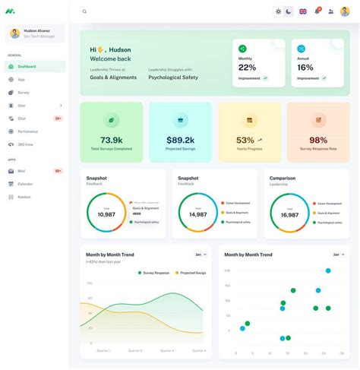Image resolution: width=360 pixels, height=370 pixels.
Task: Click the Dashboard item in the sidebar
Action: tap(27, 67)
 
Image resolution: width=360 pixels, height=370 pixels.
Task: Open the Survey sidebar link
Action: tap(24, 93)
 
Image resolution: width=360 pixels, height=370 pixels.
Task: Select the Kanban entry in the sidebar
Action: tap(24, 197)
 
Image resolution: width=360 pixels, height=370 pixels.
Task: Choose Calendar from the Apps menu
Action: tap(25, 184)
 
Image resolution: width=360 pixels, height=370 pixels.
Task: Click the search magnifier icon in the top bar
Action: tap(84, 11)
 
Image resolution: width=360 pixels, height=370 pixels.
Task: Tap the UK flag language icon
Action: tap(303, 11)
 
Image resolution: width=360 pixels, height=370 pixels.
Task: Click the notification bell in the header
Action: tap(317, 11)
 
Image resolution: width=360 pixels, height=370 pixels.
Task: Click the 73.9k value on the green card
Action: tap(111, 140)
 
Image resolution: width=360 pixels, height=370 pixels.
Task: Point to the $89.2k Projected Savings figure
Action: tap(180, 140)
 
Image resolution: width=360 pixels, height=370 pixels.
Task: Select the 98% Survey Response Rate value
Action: tap(318, 140)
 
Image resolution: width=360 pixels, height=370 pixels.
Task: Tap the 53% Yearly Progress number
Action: tap(245, 140)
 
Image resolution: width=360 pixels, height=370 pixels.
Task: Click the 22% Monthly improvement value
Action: tap(247, 68)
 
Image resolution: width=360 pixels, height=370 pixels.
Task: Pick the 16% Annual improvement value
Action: tap(305, 68)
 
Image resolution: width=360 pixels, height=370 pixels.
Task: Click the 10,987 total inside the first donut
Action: tap(106, 214)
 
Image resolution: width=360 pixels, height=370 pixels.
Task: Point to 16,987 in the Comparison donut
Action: tap(289, 215)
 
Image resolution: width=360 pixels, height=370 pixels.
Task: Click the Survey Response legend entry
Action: tap(155, 272)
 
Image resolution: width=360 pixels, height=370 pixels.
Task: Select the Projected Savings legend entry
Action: tap(193, 272)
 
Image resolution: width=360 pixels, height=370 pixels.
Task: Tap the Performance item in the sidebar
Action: tap(28, 131)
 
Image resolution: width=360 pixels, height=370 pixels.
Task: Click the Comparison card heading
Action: tap(283, 179)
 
